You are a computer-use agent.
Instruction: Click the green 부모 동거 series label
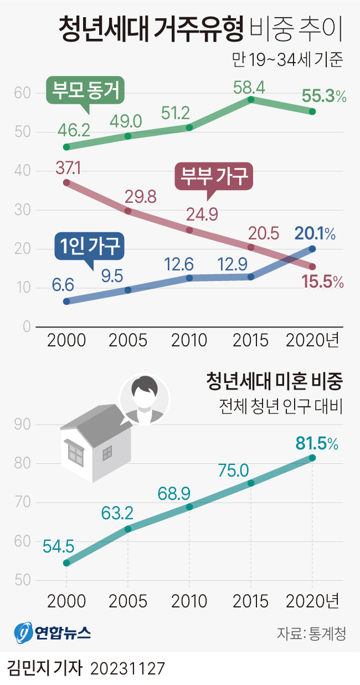tap(86, 90)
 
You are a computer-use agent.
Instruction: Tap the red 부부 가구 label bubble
tap(213, 177)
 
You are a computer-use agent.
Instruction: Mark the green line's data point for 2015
tap(251, 100)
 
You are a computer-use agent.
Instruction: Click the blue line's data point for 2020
tap(312, 249)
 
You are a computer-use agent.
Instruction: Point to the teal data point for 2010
tap(189, 507)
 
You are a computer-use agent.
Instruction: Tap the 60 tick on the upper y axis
tap(22, 93)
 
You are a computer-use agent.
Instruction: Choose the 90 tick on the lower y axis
tap(22, 425)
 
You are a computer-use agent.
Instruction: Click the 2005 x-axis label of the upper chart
tap(128, 340)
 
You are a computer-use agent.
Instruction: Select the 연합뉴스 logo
tap(52, 632)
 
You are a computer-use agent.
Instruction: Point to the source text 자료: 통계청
tap(311, 633)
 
